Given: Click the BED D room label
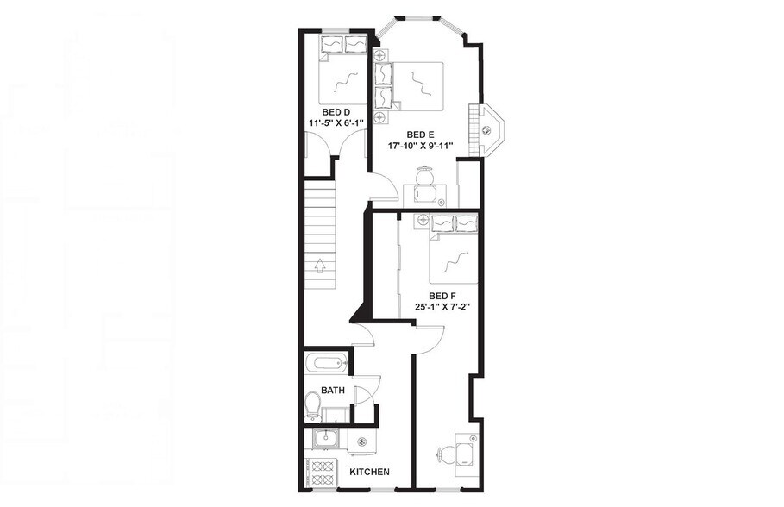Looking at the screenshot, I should (336, 112).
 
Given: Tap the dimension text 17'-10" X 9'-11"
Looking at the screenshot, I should (420, 146).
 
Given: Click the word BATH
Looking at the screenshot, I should (333, 391).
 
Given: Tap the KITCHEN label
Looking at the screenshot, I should (369, 472).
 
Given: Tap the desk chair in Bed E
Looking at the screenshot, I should (424, 178).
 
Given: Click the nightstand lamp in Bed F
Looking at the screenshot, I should (423, 221).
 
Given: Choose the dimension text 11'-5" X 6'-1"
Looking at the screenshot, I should (336, 123).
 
